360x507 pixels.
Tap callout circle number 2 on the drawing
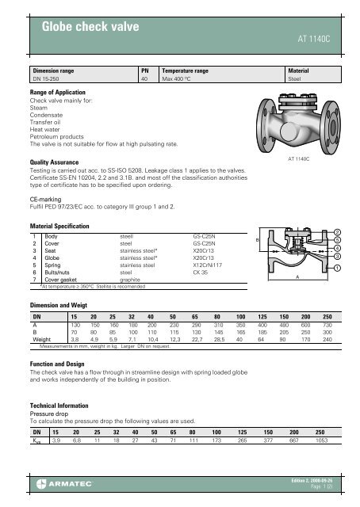tap(339, 234)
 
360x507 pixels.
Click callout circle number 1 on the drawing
tap(339, 269)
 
